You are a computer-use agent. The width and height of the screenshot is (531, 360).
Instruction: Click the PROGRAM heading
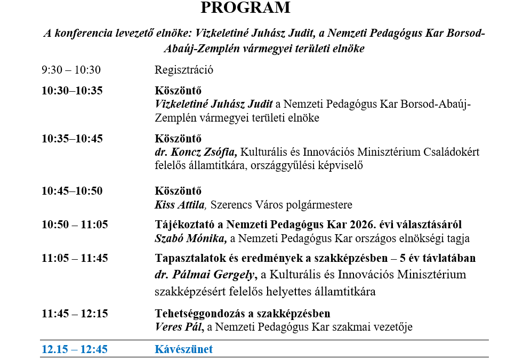(x=246, y=8)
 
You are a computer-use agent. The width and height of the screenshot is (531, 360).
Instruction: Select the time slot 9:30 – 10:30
(x=71, y=70)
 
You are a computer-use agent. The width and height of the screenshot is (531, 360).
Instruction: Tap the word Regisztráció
(x=184, y=70)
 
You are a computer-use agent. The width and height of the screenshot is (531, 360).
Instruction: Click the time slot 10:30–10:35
(x=72, y=91)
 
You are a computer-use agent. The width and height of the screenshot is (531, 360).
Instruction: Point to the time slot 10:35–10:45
(x=72, y=139)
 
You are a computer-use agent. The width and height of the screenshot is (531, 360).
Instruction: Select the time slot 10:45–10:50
(x=72, y=191)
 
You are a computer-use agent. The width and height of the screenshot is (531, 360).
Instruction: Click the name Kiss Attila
(x=180, y=205)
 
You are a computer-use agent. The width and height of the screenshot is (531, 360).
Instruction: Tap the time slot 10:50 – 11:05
(x=75, y=225)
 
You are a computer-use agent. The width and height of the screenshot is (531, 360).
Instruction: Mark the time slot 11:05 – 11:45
(x=75, y=258)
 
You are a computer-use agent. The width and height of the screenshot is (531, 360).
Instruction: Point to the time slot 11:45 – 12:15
(x=75, y=313)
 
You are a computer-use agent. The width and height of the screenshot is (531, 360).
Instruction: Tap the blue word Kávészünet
(x=183, y=349)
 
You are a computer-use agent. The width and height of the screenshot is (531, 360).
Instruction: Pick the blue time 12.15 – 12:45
(x=75, y=349)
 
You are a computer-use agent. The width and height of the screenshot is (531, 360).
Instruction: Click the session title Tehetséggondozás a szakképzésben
(x=242, y=313)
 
